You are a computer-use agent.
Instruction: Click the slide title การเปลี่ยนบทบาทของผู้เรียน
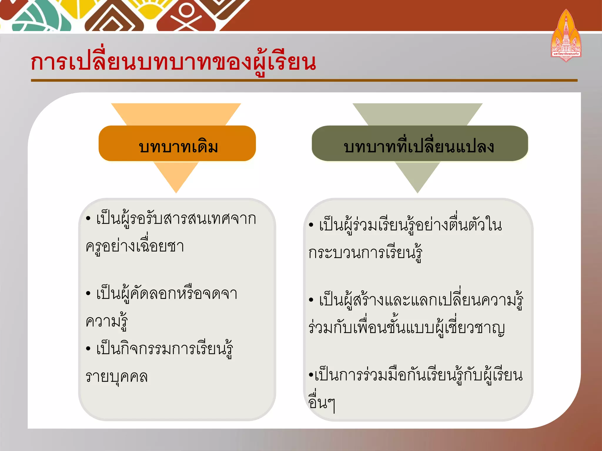click(173, 62)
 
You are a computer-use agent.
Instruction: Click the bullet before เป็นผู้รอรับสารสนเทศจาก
click(88, 219)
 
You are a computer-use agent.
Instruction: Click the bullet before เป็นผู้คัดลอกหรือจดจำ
click(88, 293)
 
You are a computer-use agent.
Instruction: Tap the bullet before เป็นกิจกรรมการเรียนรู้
click(88, 349)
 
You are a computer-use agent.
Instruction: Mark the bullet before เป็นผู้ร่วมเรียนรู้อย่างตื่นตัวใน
click(311, 225)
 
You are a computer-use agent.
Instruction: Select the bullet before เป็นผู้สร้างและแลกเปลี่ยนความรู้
click(311, 300)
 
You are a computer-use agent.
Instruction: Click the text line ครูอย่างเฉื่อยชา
click(135, 246)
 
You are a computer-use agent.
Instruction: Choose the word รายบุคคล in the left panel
click(116, 377)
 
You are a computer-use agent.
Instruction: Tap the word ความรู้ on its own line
click(107, 321)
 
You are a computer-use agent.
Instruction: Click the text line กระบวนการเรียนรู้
click(365, 253)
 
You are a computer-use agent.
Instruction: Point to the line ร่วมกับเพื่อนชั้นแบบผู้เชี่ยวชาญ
click(407, 328)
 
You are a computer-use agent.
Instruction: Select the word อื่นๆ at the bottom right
click(322, 403)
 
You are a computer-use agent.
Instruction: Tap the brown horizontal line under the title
click(304, 80)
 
